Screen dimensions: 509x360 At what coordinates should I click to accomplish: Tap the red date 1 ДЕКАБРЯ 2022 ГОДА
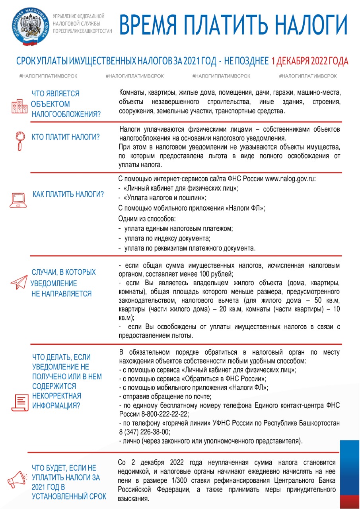coord(310,61)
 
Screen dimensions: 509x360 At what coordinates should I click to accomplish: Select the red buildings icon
coord(19,105)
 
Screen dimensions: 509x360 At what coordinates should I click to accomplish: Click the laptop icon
coord(18,199)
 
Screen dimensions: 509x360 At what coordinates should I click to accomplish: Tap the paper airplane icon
coord(19,282)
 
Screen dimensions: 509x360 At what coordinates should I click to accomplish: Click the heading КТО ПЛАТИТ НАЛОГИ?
coord(66,137)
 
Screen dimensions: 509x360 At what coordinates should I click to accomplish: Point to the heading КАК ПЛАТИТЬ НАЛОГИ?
coord(68,194)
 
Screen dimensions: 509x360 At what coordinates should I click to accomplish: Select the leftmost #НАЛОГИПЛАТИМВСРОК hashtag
coord(48,76)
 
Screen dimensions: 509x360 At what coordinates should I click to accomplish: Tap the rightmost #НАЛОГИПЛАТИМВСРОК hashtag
coord(308,76)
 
